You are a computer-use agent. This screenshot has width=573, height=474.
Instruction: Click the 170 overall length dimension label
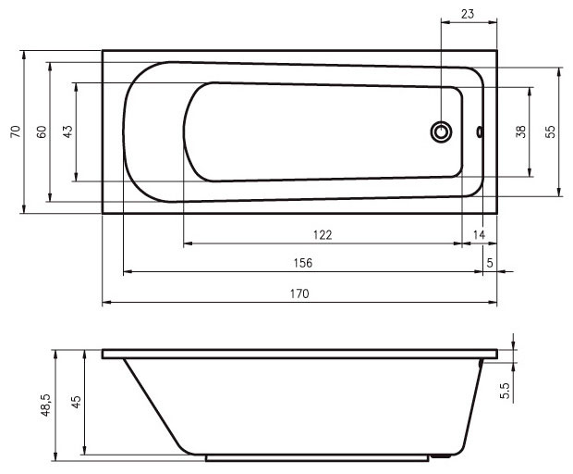pyautogui.click(x=299, y=293)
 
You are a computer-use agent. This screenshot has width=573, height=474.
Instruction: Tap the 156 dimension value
pyautogui.click(x=303, y=263)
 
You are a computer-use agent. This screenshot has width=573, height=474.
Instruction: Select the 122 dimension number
pyautogui.click(x=323, y=234)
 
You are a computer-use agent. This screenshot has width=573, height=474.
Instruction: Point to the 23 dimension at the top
pyautogui.click(x=468, y=14)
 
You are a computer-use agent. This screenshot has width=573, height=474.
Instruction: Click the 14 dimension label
pyautogui.click(x=479, y=234)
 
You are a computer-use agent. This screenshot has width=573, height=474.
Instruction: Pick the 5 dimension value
pyautogui.click(x=490, y=263)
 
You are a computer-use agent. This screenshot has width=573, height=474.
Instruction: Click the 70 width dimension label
pyautogui.click(x=16, y=131)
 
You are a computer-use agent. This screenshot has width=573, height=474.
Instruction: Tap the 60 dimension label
pyautogui.click(x=42, y=131)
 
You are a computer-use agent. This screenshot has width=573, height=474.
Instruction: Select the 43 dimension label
pyautogui.click(x=68, y=131)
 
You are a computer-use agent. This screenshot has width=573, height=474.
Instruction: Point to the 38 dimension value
pyautogui.click(x=520, y=131)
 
